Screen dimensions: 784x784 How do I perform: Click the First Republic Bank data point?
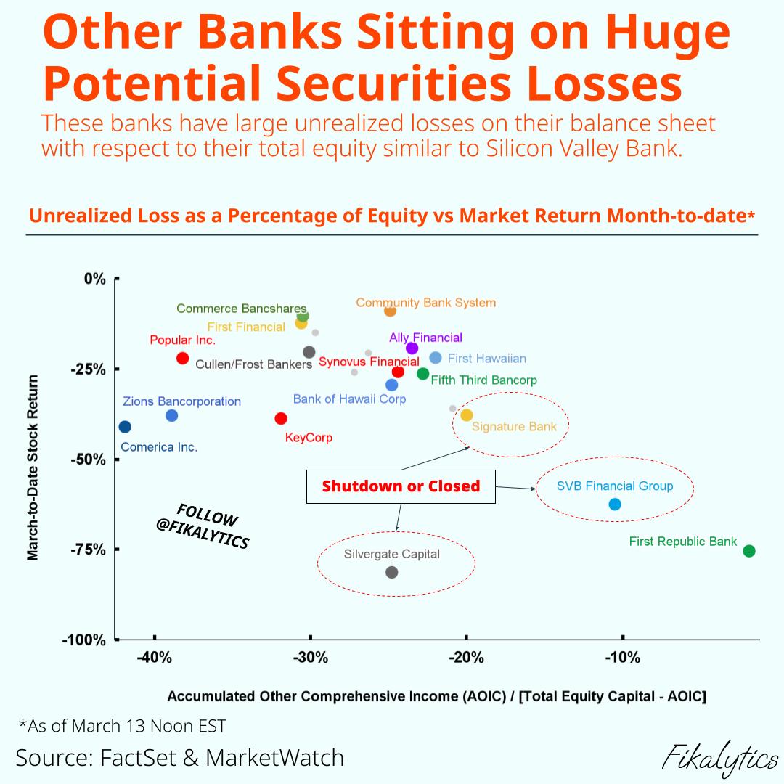(749, 551)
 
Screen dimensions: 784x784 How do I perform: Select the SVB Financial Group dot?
(615, 504)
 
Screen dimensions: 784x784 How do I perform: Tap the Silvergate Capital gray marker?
(392, 572)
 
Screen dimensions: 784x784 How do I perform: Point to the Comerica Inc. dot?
(125, 427)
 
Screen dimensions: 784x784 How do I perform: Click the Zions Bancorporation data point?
(171, 416)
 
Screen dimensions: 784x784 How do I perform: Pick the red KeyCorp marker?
(281, 418)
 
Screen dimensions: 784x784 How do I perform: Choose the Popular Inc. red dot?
(182, 358)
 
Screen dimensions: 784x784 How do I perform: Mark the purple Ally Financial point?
(412, 348)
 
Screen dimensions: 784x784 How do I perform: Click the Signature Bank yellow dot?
(467, 415)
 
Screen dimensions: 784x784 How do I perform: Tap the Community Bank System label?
(425, 303)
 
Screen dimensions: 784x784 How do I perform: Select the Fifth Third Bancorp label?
(483, 380)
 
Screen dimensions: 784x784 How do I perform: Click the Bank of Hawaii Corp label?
(349, 399)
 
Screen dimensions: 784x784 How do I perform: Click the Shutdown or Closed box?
(401, 486)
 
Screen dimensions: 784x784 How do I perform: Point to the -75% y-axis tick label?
(88, 550)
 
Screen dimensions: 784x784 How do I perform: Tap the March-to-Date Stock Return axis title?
(33, 467)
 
